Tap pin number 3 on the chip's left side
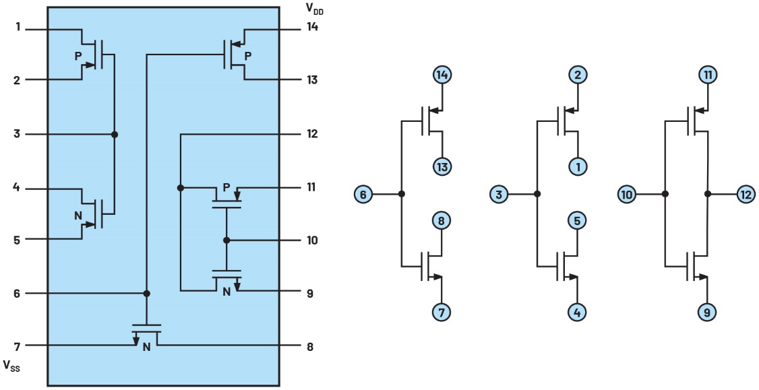coord(18,134)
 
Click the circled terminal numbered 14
coord(442,75)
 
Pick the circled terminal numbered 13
coord(442,166)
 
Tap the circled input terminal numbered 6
coord(363,195)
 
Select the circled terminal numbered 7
coord(442,312)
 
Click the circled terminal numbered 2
coord(578,75)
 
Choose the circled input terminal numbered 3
coord(499,195)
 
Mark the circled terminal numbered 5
coord(578,220)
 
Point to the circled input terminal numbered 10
coord(628,195)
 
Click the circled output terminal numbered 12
coord(746,194)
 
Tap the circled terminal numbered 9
coord(708,312)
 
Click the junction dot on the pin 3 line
coord(115,134)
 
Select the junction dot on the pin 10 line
coord(226,240)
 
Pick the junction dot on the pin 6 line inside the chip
coord(147,293)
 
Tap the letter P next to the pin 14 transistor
coord(248,55)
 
